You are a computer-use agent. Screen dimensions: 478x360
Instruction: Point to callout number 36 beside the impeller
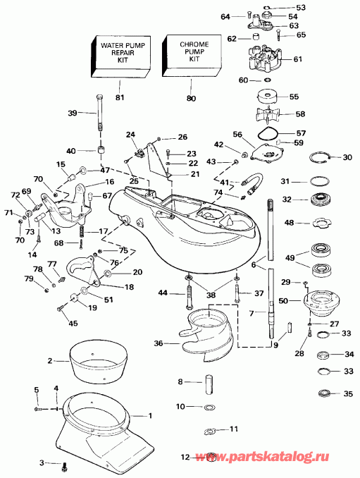160,343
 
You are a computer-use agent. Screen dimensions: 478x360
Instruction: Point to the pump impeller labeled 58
271,114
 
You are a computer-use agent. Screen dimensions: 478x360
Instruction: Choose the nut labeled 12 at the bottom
209,457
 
